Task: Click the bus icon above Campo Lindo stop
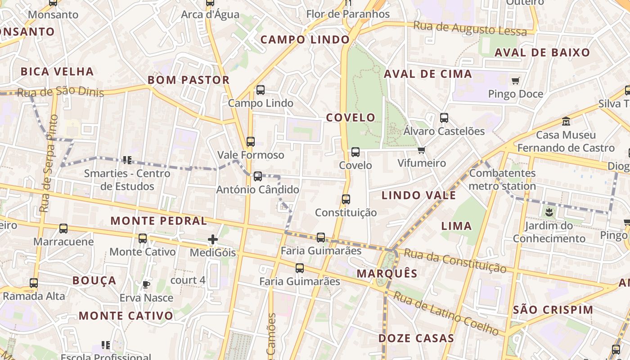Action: coord(261,90)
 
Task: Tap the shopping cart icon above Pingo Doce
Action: coord(515,81)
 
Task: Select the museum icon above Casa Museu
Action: coord(566,121)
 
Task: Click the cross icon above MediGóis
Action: coord(213,239)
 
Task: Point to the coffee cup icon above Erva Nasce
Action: coord(146,284)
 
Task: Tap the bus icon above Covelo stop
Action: coord(355,152)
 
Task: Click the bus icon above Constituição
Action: coord(346,199)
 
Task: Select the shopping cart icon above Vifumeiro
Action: coord(421,150)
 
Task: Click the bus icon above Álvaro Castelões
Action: coord(444,118)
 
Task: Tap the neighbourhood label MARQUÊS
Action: coord(387,274)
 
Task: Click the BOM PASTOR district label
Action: coord(189,80)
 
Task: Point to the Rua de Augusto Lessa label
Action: coord(470,28)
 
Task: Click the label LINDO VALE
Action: coord(418,195)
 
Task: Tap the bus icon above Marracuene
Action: coord(63,229)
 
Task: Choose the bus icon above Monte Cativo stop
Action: coord(143,238)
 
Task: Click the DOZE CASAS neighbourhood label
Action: coord(416,338)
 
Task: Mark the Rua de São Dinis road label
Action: coord(60,92)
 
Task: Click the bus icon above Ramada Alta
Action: coord(34,283)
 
